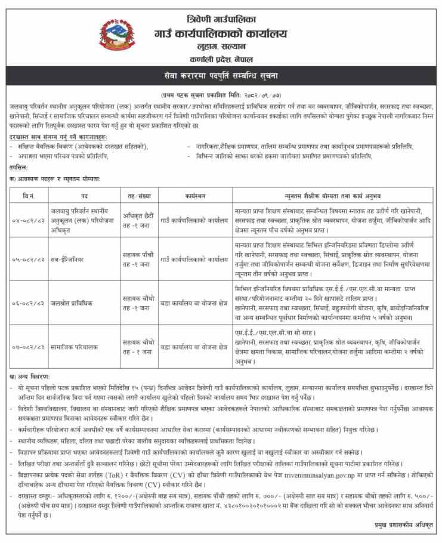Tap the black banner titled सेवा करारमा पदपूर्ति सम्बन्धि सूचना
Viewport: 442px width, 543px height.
[x=221, y=76]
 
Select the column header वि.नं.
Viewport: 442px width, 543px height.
[x=28, y=196]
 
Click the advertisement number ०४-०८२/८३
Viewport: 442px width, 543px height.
[x=28, y=220]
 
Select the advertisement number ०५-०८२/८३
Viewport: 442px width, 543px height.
[x=28, y=260]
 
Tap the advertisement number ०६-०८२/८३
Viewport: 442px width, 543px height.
[x=28, y=303]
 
